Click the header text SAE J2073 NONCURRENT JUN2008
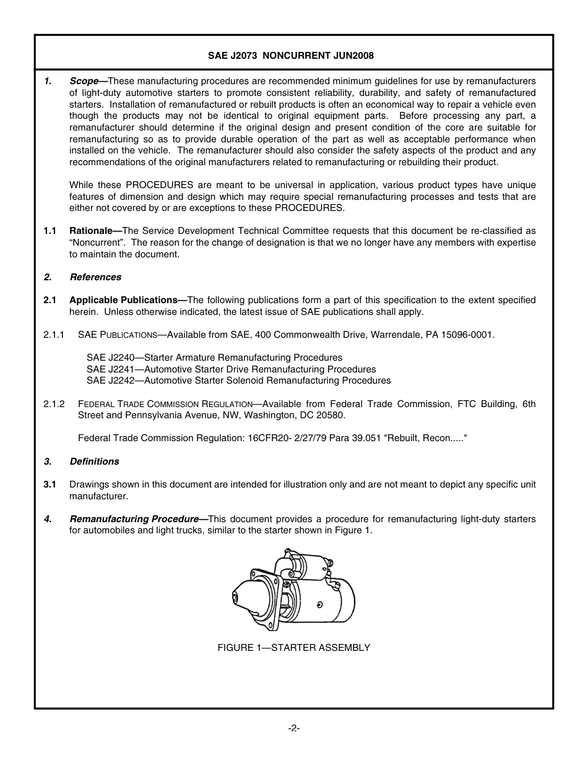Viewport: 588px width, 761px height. coord(290,55)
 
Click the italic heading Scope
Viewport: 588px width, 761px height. coord(84,81)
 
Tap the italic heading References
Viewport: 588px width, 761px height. coord(95,277)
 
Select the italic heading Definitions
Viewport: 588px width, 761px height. coord(94,462)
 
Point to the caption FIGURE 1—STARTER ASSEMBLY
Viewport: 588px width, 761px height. coord(293,648)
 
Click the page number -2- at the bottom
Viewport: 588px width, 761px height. coord(293,728)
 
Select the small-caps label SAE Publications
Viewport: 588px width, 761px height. coord(118,335)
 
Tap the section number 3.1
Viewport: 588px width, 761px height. coord(50,484)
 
